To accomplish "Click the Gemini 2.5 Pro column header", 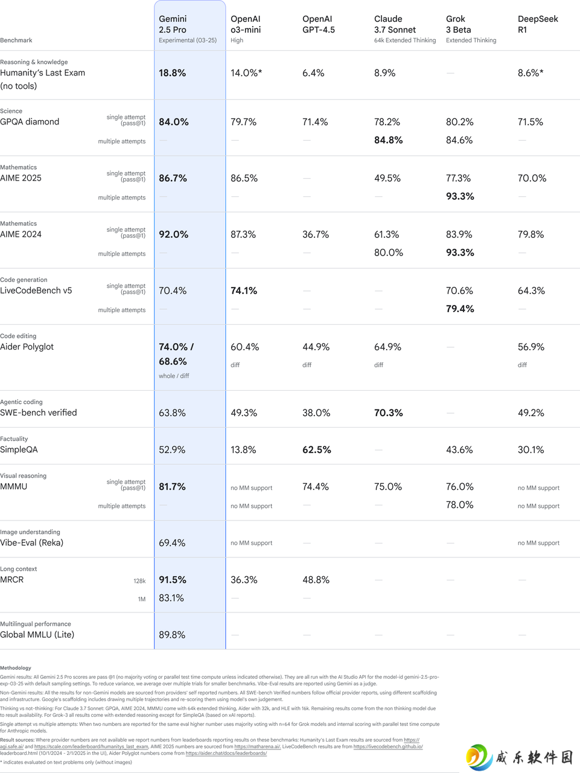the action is pyautogui.click(x=188, y=29).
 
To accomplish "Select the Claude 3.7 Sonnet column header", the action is pyautogui.click(x=405, y=29).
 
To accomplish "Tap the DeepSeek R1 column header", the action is pyautogui.click(x=537, y=24).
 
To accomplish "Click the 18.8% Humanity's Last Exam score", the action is pyautogui.click(x=172, y=73).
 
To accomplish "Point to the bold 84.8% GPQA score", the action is pyautogui.click(x=388, y=140).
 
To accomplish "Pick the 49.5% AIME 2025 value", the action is pyautogui.click(x=387, y=178).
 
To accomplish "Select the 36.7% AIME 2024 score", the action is pyautogui.click(x=315, y=234).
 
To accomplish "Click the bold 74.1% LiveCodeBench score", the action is pyautogui.click(x=244, y=291).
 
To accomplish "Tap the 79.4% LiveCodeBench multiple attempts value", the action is pyautogui.click(x=460, y=309).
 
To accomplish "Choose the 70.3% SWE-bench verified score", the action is pyautogui.click(x=388, y=412).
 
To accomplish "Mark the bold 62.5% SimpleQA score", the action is pyautogui.click(x=316, y=450).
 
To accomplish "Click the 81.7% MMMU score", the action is pyautogui.click(x=172, y=487).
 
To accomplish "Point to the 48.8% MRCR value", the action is pyautogui.click(x=316, y=580).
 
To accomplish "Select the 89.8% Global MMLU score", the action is pyautogui.click(x=172, y=635).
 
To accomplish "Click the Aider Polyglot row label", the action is pyautogui.click(x=27, y=347).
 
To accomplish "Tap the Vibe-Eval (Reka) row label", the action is pyautogui.click(x=31, y=543).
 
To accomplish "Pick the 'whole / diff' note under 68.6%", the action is pyautogui.click(x=173, y=376).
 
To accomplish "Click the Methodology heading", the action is pyautogui.click(x=16, y=668).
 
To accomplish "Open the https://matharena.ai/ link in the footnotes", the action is pyautogui.click(x=257, y=746).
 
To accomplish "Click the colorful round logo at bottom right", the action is pyautogui.click(x=479, y=757).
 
